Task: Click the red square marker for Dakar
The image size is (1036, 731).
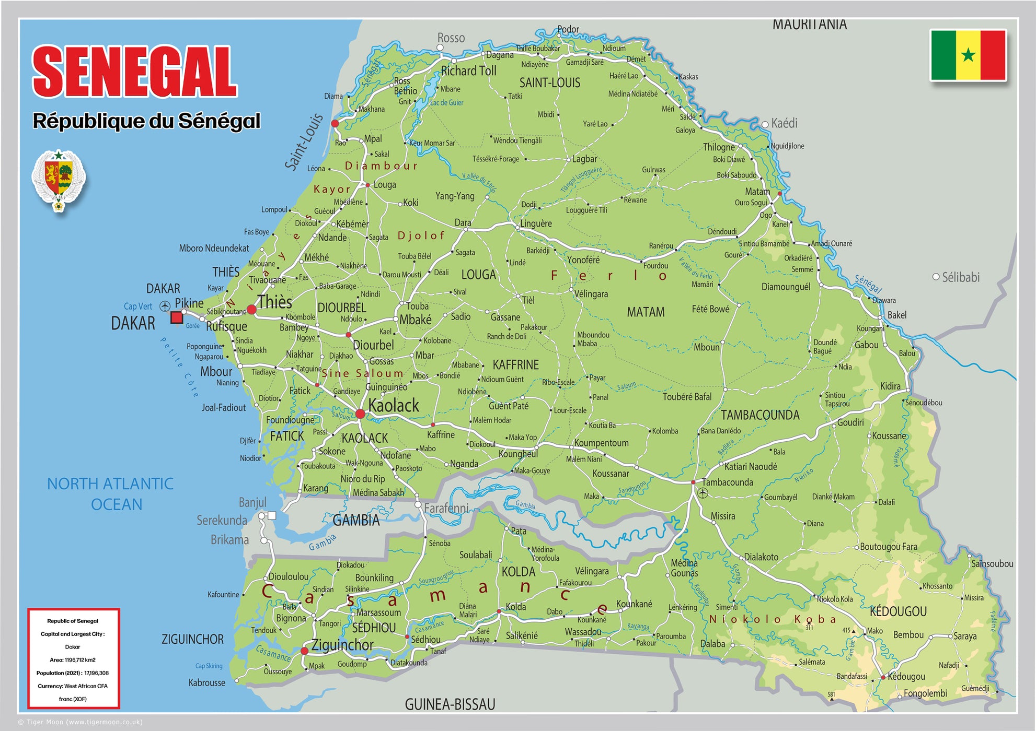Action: point(177,317)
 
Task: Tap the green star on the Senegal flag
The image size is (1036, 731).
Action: point(968,55)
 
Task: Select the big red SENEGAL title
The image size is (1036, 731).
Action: point(135,72)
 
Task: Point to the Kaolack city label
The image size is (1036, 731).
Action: point(393,406)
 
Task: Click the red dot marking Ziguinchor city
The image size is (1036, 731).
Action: point(304,651)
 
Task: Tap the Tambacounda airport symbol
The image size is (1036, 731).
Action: point(703,493)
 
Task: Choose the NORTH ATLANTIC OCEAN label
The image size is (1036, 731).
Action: point(110,494)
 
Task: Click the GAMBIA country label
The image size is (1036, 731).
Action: point(356,520)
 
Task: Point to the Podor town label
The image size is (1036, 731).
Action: point(568,29)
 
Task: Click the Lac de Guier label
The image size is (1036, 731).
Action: point(446,103)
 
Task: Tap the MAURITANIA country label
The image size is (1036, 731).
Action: point(809,25)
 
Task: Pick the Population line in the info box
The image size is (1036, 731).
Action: point(73,673)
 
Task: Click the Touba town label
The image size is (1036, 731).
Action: point(417,306)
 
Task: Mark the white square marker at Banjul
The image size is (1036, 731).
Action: point(272,515)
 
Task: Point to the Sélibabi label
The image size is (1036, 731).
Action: point(960,277)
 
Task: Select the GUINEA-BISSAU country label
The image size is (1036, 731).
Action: point(450,704)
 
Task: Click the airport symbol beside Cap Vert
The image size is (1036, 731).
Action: point(165,306)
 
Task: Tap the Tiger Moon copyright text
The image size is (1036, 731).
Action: point(80,722)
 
